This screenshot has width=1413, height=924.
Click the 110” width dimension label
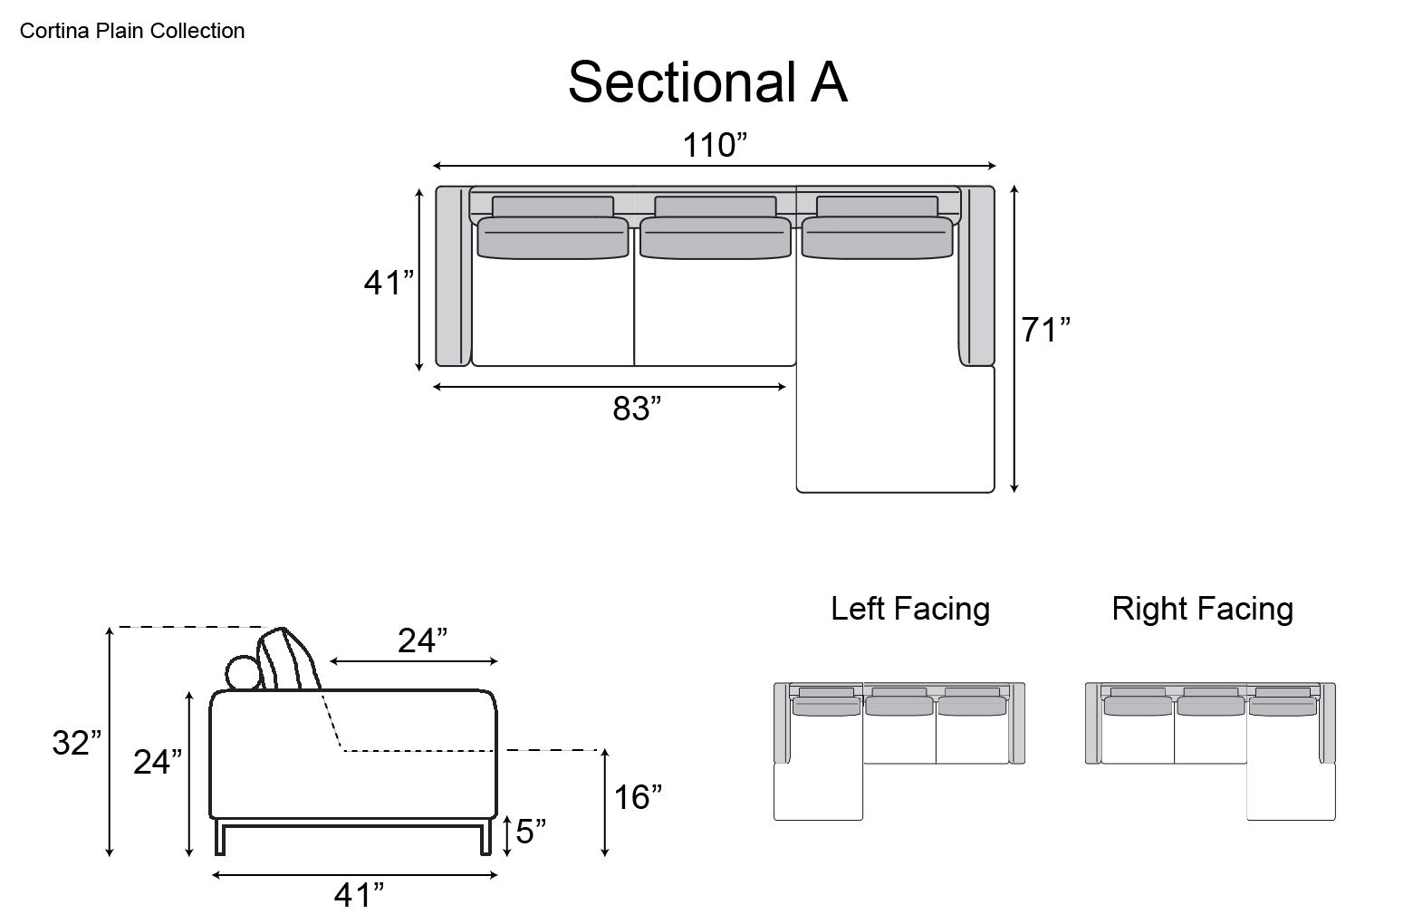(x=715, y=145)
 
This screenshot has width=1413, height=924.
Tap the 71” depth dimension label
(x=1046, y=331)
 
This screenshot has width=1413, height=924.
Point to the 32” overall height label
(x=76, y=744)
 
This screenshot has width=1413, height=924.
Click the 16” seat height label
(x=638, y=798)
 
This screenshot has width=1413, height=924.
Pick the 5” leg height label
(x=531, y=831)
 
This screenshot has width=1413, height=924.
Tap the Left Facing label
(x=910, y=608)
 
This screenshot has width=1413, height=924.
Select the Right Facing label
(x=1202, y=608)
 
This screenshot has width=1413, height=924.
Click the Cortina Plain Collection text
(x=132, y=31)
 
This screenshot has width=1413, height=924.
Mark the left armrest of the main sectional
(x=453, y=276)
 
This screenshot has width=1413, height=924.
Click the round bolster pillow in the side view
(x=242, y=673)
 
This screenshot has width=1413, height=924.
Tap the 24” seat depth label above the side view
(x=423, y=640)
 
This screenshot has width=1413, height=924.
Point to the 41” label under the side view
(x=359, y=896)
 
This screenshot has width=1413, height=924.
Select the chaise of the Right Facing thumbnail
(x=1291, y=792)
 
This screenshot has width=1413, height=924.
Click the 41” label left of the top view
(x=389, y=284)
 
